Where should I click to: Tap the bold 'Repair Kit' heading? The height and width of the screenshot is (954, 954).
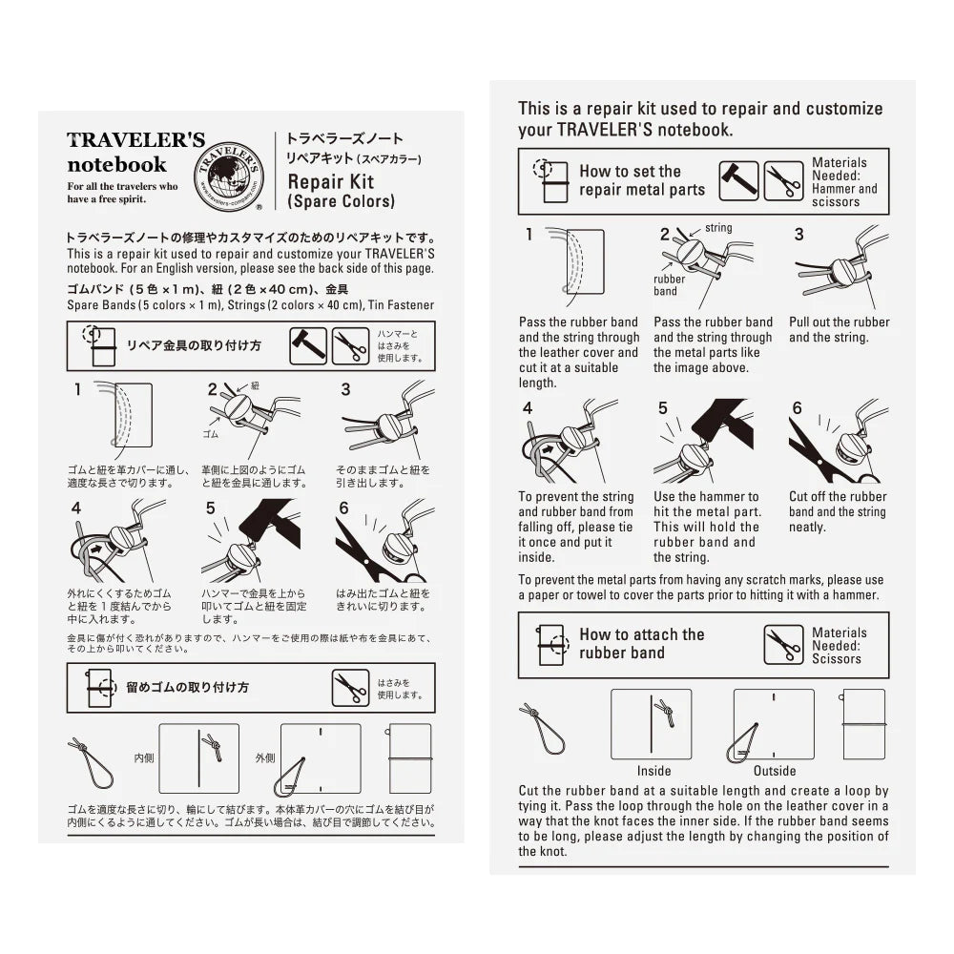330,181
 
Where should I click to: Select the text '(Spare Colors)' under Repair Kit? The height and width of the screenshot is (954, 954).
341,201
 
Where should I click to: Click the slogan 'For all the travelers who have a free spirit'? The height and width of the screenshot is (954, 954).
122,192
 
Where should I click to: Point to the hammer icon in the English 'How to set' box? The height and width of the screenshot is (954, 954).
738,180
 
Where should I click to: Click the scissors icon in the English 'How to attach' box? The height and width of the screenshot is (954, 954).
783,645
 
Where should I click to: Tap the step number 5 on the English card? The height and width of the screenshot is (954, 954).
663,408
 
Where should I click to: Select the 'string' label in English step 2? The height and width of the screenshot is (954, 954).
718,229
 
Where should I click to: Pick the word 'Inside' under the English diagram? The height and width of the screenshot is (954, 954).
653,770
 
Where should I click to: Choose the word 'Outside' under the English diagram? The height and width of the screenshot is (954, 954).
775,770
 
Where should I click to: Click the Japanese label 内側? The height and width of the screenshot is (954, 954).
144,757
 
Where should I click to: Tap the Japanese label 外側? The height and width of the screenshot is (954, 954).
265,757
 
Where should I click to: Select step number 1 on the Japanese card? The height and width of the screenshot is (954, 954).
78,389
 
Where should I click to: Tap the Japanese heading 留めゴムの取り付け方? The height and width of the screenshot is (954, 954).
187,687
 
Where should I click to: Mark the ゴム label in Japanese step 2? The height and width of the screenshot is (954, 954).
210,432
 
